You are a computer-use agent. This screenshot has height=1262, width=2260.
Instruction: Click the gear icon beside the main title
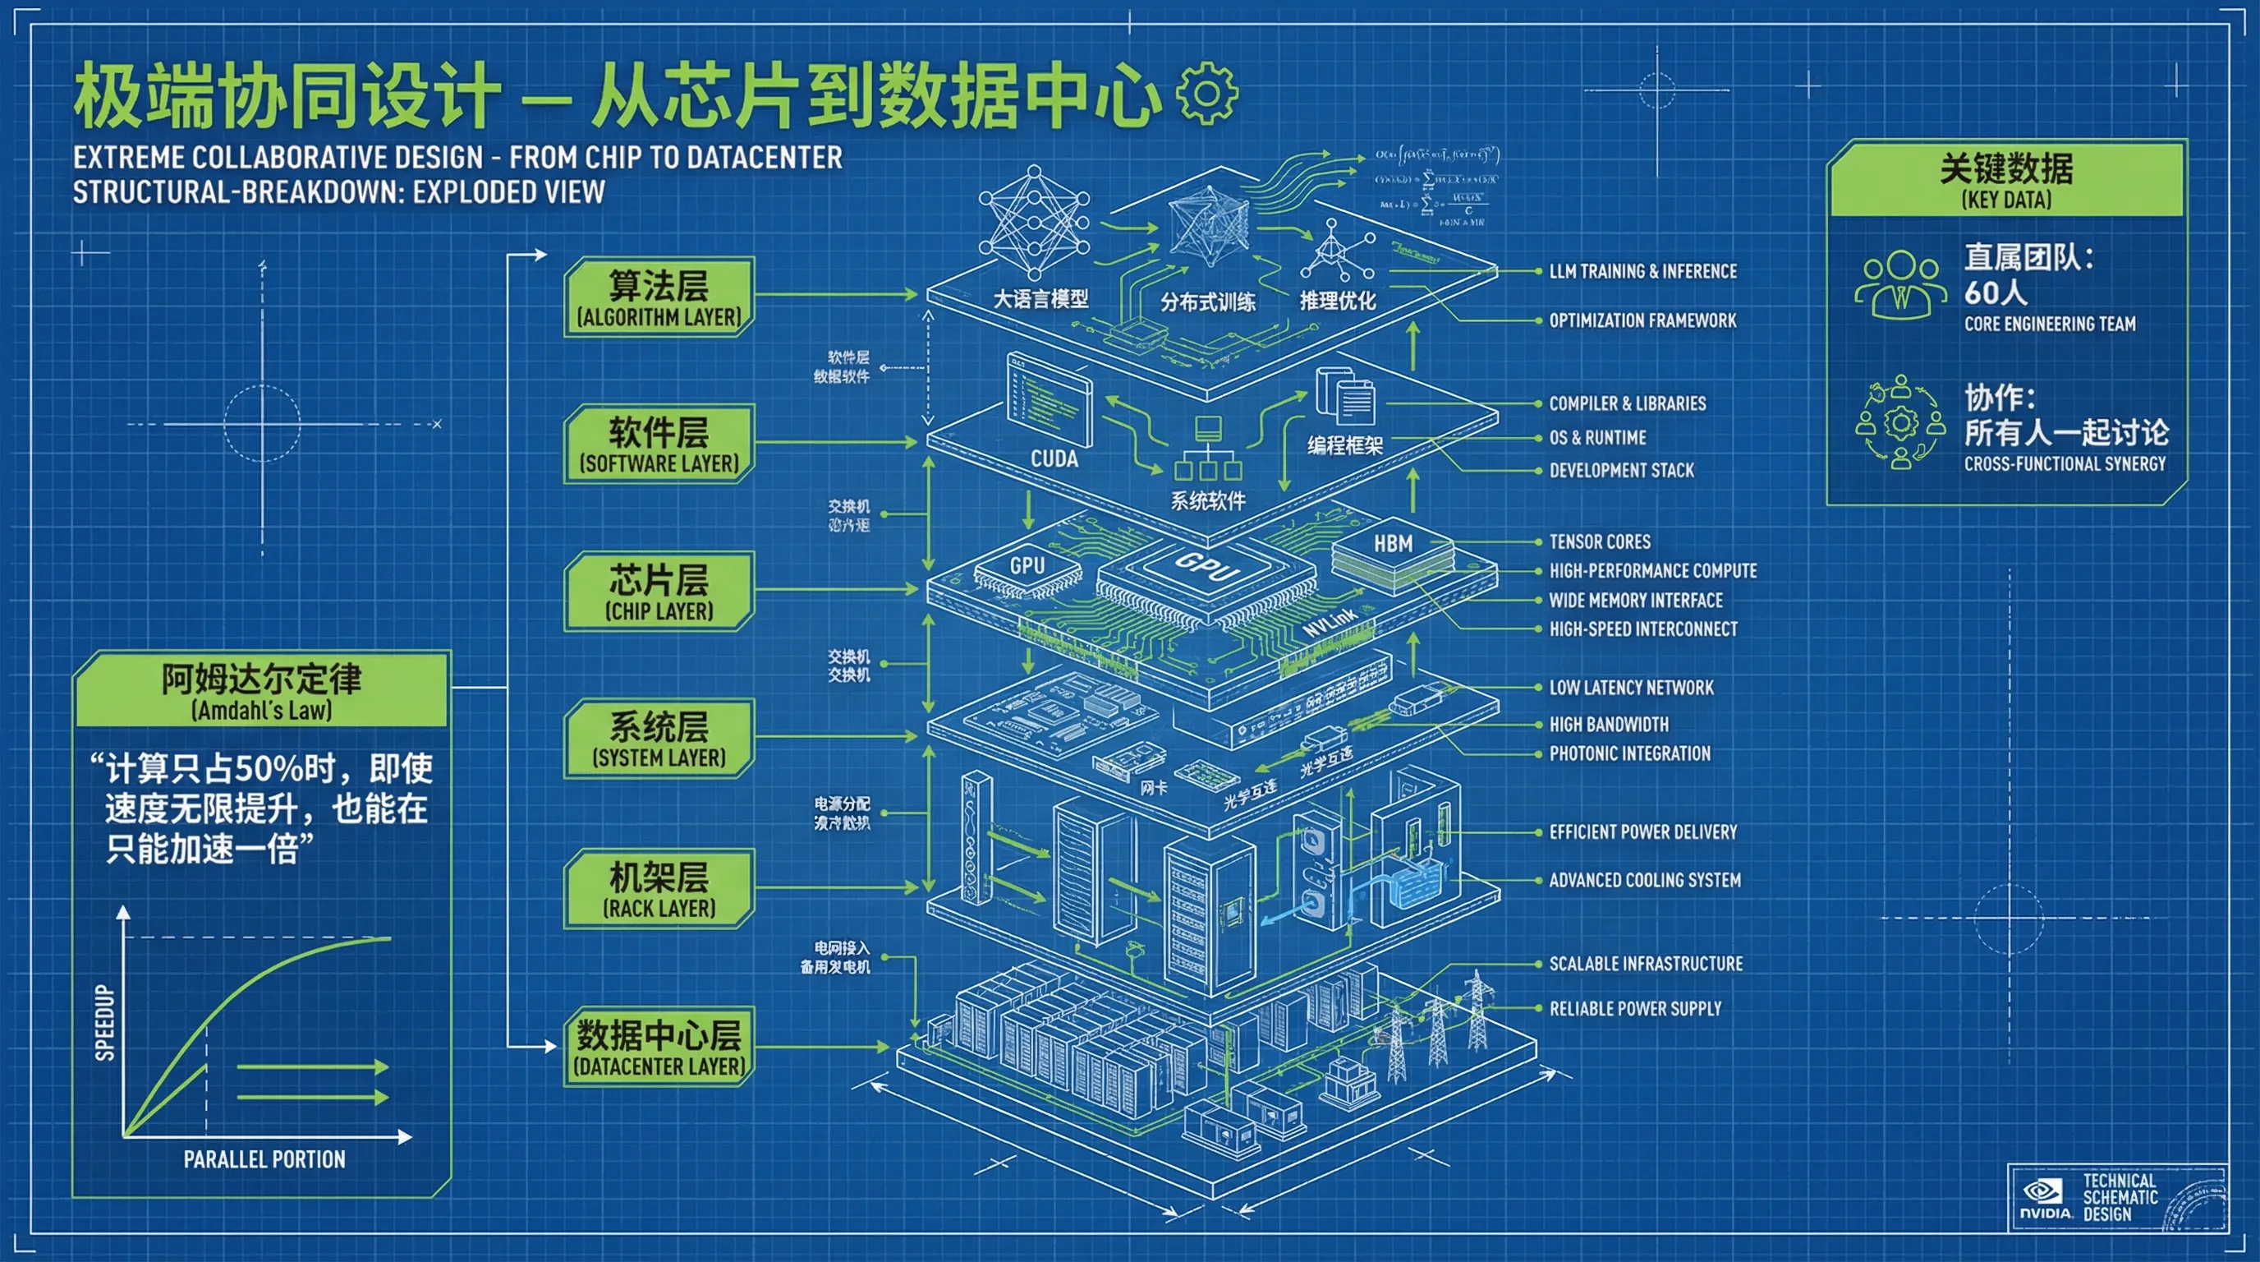coord(1207,93)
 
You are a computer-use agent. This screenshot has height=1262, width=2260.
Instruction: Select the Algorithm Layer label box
coord(659,297)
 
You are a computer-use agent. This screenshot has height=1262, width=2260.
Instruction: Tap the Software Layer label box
coord(659,444)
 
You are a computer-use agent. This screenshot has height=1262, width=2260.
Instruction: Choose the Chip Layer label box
coord(659,591)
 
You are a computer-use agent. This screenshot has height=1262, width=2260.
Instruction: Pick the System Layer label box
coord(659,738)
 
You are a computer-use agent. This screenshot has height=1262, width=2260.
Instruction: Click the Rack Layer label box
coord(659,888)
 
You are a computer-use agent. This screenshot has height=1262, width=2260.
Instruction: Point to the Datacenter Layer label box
coord(659,1046)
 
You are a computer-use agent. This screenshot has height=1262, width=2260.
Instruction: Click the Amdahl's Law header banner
coord(261,690)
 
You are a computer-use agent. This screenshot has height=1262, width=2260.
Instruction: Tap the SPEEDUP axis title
coord(105,1022)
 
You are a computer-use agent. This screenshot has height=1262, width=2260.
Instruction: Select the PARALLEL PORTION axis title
coord(264,1159)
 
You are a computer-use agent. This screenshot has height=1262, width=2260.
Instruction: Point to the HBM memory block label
coord(1392,544)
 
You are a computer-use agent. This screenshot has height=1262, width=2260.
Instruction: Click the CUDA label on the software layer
coord(1054,459)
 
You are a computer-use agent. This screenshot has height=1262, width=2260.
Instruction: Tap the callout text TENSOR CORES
coord(1600,541)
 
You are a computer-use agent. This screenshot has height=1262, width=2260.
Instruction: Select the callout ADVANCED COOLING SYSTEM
coord(1644,879)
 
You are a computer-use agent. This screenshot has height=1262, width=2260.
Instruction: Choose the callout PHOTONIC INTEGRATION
coord(1629,753)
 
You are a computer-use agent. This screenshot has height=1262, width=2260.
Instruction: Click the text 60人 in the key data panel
coord(1995,292)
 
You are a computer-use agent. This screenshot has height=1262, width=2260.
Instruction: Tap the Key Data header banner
coord(2005,178)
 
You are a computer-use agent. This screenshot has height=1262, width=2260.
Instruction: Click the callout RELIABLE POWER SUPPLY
coord(1634,1008)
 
